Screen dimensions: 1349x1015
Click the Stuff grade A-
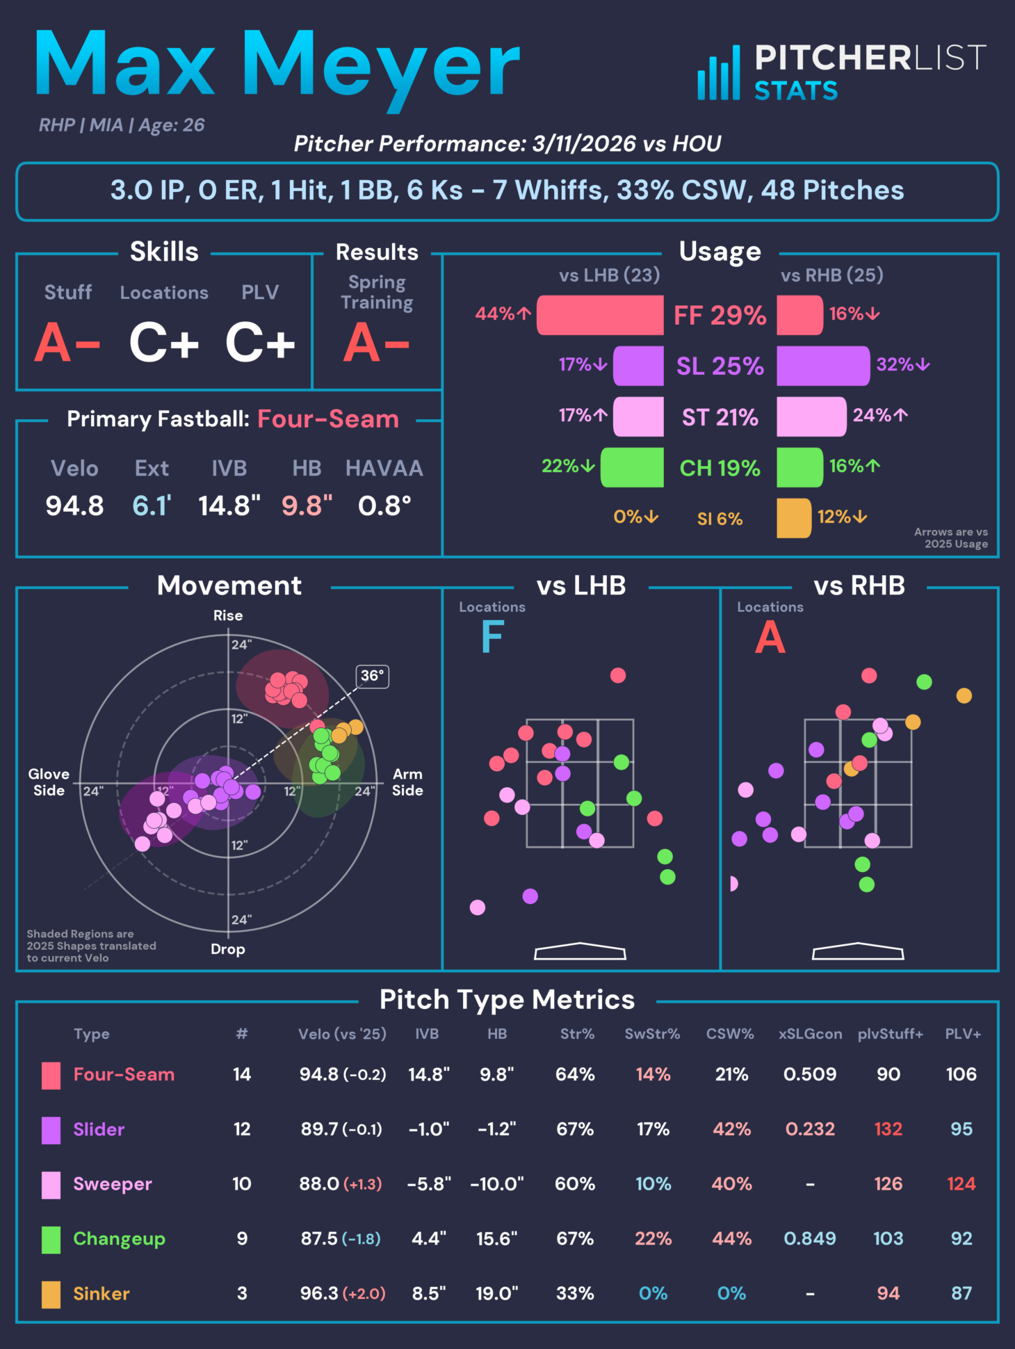click(x=67, y=343)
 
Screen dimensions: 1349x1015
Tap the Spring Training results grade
click(x=376, y=343)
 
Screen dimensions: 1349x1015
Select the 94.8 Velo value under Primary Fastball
click(x=74, y=506)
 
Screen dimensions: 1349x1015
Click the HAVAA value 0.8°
click(x=384, y=506)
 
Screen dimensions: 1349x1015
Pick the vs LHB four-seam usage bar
click(x=600, y=315)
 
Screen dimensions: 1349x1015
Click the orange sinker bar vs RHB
click(x=794, y=518)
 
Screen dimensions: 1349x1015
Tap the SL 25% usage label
click(x=720, y=366)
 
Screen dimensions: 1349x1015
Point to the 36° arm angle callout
click(x=373, y=676)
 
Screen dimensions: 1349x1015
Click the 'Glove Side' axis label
click(x=49, y=782)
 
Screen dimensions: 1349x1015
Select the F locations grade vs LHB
click(x=492, y=638)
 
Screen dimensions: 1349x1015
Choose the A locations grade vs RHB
click(x=770, y=638)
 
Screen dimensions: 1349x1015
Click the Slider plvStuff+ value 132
click(x=888, y=1129)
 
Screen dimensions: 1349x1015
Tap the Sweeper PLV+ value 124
click(x=961, y=1184)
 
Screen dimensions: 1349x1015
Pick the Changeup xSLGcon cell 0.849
click(x=810, y=1238)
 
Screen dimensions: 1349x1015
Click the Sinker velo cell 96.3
click(x=319, y=1293)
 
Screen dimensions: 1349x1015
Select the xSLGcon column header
click(x=810, y=1034)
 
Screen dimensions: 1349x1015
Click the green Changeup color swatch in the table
click(x=51, y=1239)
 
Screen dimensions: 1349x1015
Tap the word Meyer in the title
click(x=380, y=66)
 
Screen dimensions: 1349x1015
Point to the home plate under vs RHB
click(x=858, y=951)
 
